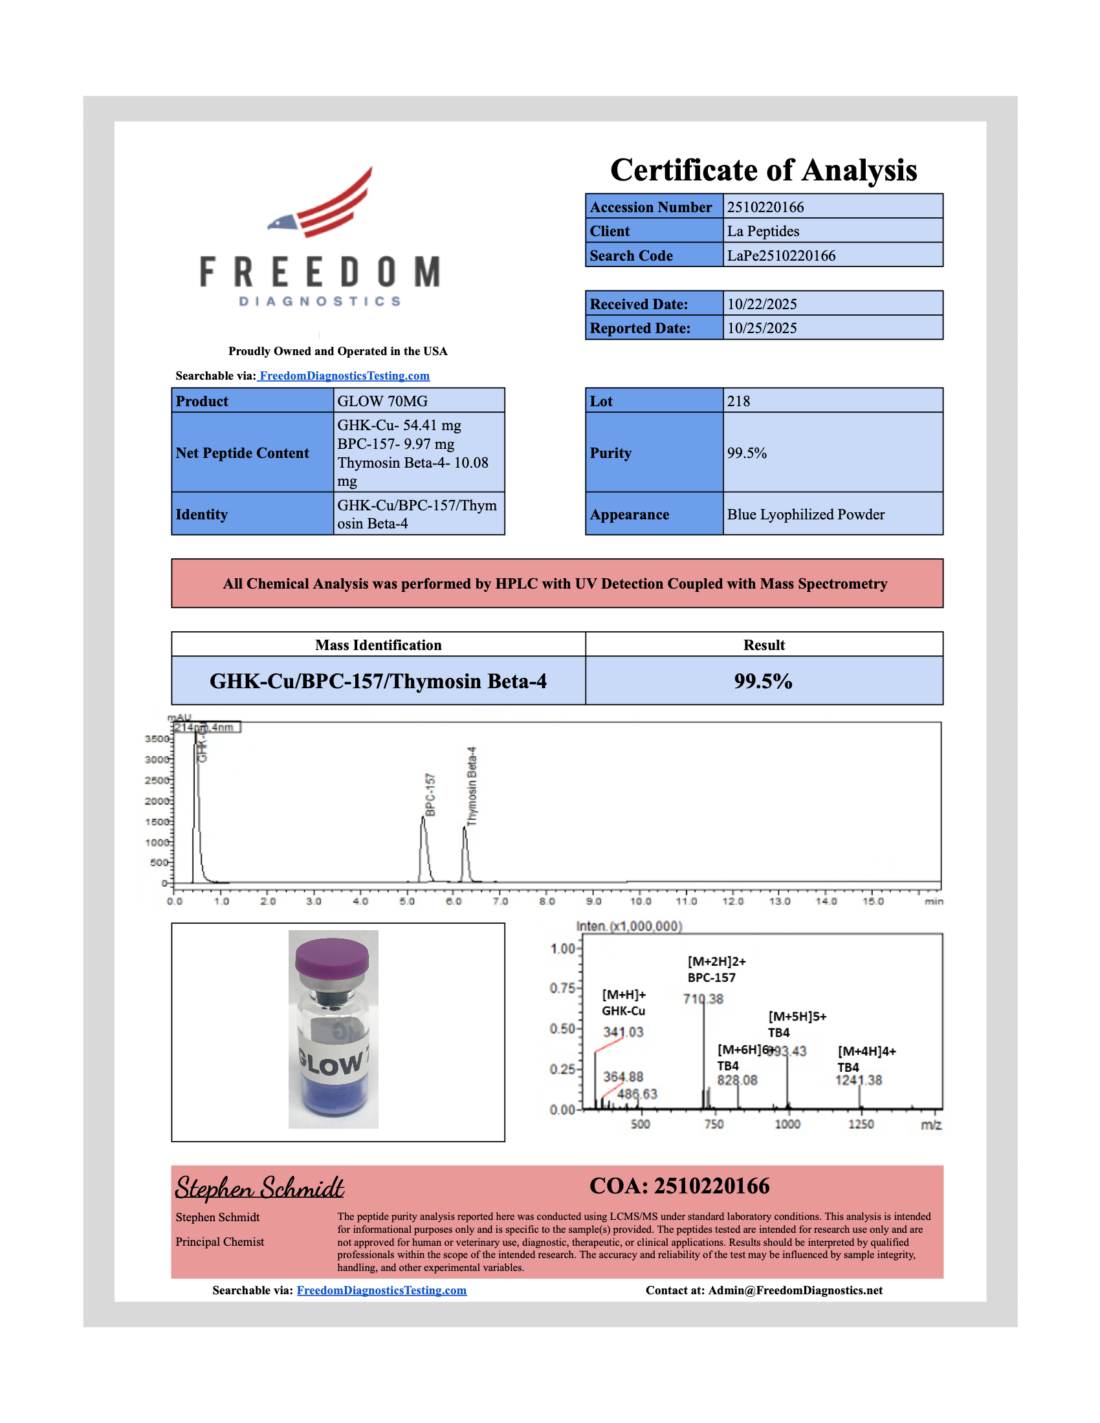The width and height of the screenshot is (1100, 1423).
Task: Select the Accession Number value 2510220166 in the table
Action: click(765, 207)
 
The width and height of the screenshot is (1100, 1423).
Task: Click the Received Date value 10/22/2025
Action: click(762, 304)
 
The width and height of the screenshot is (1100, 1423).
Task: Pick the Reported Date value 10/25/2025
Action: click(762, 329)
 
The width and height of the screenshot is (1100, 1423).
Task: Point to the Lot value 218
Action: click(738, 402)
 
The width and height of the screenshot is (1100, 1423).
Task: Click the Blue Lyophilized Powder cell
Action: click(806, 515)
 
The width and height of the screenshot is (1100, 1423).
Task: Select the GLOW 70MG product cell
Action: click(382, 402)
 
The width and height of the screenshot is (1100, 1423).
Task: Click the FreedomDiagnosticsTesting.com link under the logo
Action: click(344, 376)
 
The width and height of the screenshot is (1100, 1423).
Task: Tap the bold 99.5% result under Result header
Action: click(763, 682)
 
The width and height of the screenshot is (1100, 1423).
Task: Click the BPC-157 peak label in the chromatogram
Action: click(430, 795)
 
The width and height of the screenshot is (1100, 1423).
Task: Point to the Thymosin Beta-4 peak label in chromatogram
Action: click(472, 787)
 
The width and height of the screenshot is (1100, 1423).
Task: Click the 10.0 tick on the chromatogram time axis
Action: click(640, 902)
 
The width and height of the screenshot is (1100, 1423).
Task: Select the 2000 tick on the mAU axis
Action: click(157, 801)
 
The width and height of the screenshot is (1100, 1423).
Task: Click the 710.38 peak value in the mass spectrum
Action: click(703, 999)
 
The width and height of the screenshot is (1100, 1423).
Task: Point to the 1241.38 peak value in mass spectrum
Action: click(858, 1080)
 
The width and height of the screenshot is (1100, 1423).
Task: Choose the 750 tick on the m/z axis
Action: click(714, 1124)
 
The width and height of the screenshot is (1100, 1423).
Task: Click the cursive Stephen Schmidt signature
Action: click(259, 1188)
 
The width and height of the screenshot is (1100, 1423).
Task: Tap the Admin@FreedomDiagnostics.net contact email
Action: click(795, 1291)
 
